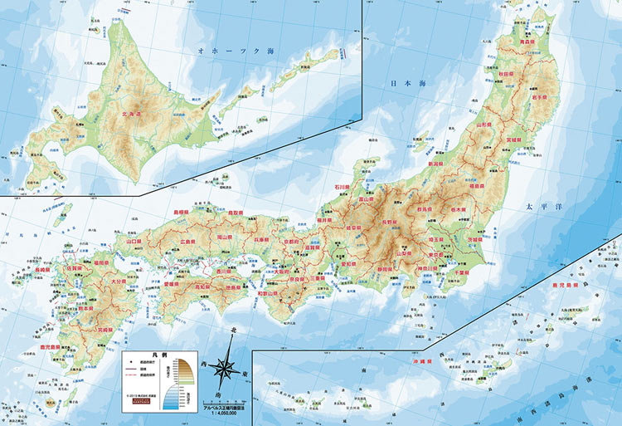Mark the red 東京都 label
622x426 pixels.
pos(440,256)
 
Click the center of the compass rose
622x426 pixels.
pos(226,365)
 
